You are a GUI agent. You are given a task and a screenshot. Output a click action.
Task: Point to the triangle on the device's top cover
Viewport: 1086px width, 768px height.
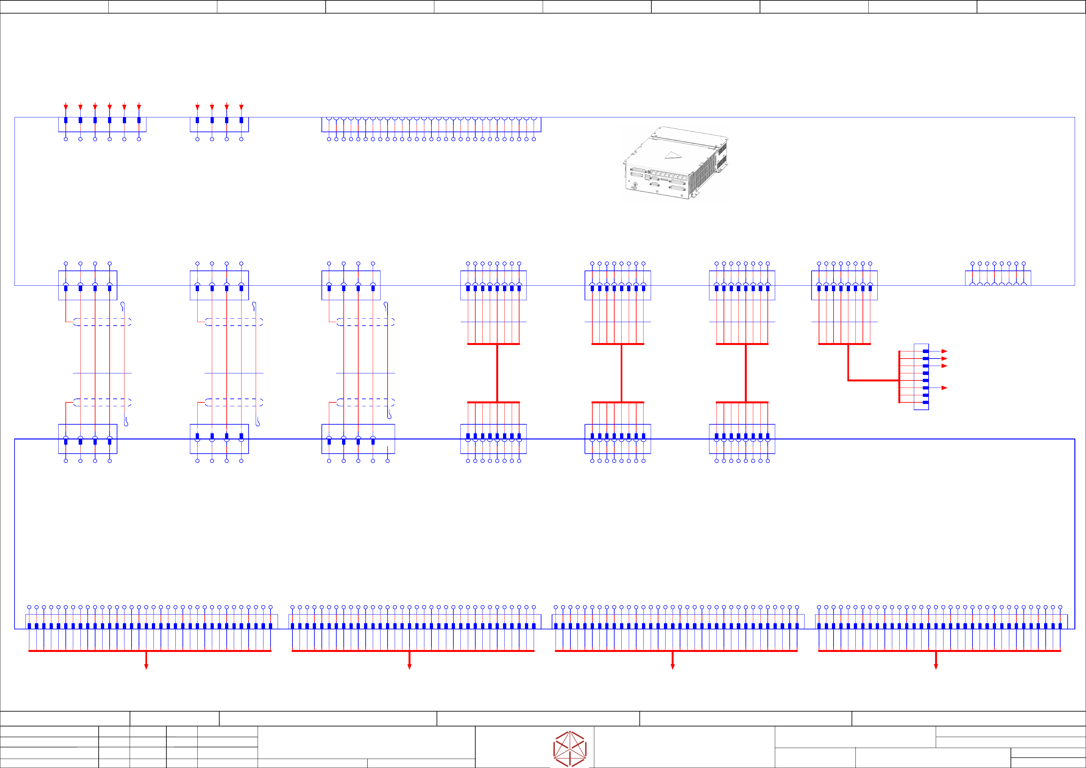672,155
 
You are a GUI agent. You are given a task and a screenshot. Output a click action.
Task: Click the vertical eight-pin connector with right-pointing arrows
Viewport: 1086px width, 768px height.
921,377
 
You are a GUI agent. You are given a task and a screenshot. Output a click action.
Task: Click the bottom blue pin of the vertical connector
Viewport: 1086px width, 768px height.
926,402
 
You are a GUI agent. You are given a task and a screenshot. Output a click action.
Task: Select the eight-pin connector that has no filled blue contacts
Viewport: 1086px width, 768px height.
998,278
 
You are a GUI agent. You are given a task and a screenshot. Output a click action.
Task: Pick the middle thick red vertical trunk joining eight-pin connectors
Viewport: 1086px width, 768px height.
621,373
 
